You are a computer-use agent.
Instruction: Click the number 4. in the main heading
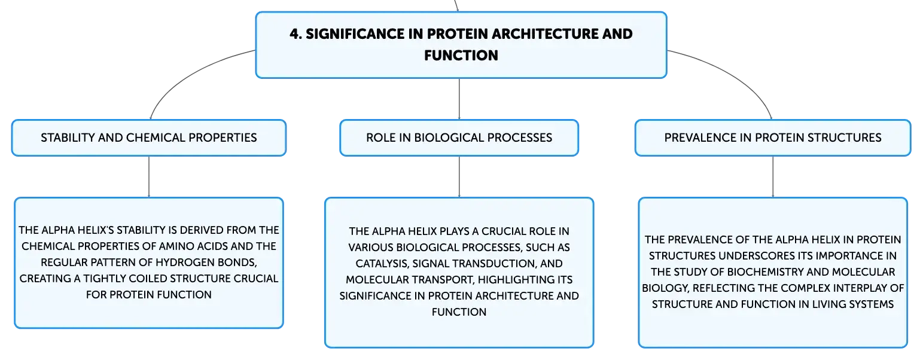[x=296, y=33]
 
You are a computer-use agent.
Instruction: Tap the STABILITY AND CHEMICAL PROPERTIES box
[x=149, y=138]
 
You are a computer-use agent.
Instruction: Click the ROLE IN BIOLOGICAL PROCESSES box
[x=459, y=138]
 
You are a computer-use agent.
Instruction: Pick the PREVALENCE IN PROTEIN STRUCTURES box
[x=773, y=138]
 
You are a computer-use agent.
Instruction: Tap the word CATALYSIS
[x=382, y=264]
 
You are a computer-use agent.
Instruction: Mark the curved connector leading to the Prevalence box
[x=733, y=75]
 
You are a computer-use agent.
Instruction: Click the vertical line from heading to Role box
[x=459, y=99]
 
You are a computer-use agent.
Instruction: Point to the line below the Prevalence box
[x=773, y=176]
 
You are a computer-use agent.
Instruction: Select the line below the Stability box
[x=149, y=176]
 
